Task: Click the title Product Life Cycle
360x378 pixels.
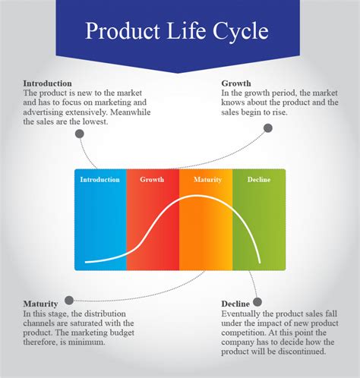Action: (176, 33)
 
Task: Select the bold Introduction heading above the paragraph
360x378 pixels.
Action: (47, 83)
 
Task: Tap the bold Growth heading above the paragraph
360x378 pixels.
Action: (236, 83)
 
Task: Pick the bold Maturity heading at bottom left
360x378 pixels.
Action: (40, 304)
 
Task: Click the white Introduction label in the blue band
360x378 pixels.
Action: (99, 180)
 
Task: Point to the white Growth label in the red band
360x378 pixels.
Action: (152, 180)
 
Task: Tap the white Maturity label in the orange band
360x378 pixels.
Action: (206, 180)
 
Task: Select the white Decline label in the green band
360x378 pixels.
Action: (258, 180)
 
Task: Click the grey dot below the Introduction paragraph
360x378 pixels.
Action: (79, 133)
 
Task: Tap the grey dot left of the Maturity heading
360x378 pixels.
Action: (69, 300)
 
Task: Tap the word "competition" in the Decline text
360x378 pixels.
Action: (250, 332)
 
